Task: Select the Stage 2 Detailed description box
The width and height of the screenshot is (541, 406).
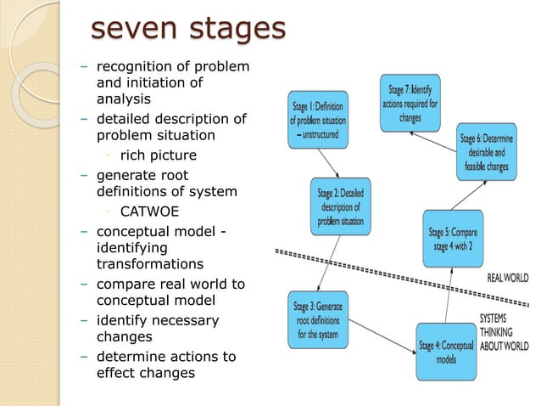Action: click(340, 206)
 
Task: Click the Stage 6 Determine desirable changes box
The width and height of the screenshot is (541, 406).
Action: click(488, 152)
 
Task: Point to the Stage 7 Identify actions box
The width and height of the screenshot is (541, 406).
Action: click(410, 104)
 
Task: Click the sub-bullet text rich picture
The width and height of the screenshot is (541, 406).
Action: click(159, 155)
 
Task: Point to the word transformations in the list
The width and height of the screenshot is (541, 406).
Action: click(150, 264)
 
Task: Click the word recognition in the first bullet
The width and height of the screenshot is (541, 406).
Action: click(136, 66)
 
